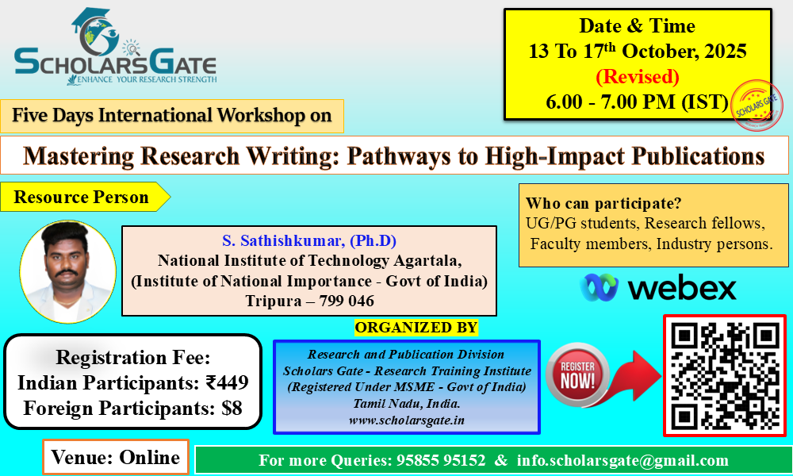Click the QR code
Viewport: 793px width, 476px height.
point(725,375)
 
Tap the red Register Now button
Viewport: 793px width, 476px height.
point(577,375)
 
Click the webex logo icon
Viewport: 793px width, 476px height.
point(600,287)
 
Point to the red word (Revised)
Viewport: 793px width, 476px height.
point(638,77)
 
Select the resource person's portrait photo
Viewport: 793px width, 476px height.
point(67,271)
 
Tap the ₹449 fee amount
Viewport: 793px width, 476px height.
point(227,382)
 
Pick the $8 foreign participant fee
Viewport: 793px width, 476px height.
point(232,408)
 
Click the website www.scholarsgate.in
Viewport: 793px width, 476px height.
point(407,420)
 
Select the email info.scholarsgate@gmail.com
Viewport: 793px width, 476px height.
point(623,460)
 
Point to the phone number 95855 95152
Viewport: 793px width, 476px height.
point(441,460)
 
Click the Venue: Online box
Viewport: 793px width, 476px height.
point(116,457)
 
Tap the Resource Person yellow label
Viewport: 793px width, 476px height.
point(85,197)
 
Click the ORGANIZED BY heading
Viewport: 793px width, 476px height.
point(416,328)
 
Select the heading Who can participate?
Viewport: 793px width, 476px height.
point(603,203)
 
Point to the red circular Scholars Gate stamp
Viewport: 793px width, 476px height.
point(757,106)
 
